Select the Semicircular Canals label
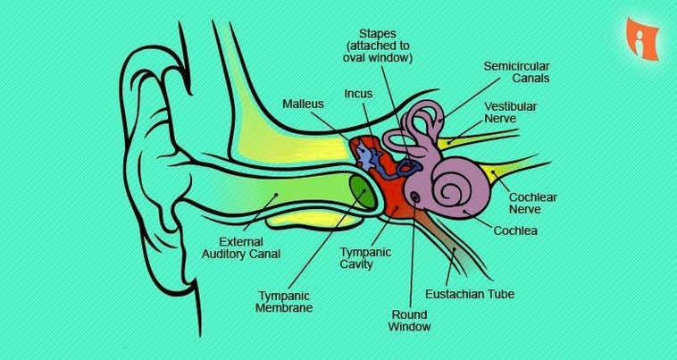coord(515,72)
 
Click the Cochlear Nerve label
coord(531,203)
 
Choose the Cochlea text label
coord(515,231)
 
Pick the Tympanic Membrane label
coord(285,301)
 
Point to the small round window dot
coord(414,197)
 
